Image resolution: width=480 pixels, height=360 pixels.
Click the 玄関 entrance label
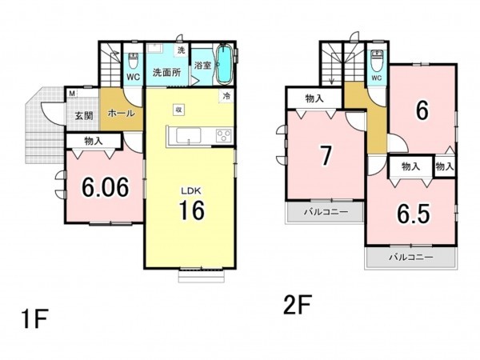(x=84, y=116)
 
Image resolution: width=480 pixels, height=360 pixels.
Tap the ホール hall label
(x=122, y=113)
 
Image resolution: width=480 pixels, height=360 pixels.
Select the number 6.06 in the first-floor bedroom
(x=105, y=187)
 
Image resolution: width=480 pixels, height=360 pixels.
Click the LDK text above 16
(x=191, y=191)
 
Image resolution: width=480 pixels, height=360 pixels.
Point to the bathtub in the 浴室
(x=224, y=64)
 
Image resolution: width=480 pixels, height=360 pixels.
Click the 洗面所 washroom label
(x=167, y=72)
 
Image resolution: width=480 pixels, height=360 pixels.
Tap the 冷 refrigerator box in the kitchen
(x=227, y=96)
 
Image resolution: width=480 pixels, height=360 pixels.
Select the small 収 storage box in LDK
(x=178, y=110)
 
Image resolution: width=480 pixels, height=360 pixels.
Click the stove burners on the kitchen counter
(x=223, y=136)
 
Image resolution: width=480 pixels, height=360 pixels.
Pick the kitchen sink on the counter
(x=189, y=136)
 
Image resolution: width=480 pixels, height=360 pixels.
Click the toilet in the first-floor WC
(x=133, y=61)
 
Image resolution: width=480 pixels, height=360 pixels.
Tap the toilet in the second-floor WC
(x=377, y=59)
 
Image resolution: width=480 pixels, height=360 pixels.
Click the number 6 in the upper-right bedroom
(x=422, y=110)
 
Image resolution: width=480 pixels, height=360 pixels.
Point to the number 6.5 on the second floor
(x=414, y=214)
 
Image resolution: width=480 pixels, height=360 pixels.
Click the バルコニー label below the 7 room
(x=326, y=212)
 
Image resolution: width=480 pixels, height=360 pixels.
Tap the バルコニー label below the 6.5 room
(x=411, y=257)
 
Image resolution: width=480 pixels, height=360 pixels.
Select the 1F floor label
(x=35, y=319)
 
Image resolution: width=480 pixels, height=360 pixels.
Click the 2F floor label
(x=298, y=305)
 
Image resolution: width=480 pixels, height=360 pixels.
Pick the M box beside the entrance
(x=72, y=94)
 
